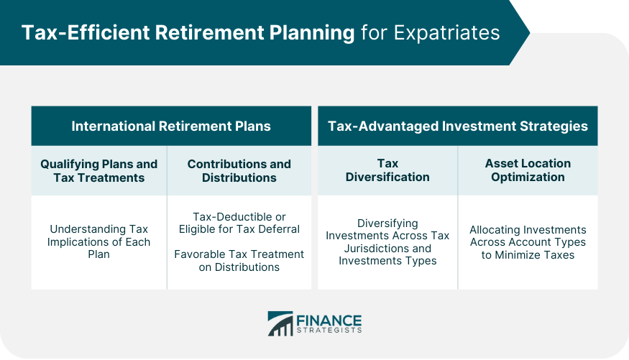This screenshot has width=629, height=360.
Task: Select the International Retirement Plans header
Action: tap(171, 126)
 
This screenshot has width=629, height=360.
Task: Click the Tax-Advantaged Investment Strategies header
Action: tap(458, 126)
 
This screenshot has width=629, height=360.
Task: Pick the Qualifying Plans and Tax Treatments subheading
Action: tap(99, 170)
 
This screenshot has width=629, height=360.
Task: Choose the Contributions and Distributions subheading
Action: tap(239, 170)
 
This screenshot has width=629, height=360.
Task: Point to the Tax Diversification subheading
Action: tap(387, 170)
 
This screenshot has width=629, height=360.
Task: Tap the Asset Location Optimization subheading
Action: tap(528, 170)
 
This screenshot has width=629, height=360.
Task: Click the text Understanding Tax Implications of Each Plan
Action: tap(99, 241)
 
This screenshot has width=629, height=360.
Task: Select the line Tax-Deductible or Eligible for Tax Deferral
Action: tap(239, 223)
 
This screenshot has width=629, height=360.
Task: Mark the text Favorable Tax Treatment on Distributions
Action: tap(239, 260)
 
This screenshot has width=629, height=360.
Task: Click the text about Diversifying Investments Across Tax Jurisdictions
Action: tap(387, 242)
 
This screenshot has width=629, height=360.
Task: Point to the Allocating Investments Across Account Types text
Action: tap(528, 242)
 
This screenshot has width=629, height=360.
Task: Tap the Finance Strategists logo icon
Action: tap(280, 323)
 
